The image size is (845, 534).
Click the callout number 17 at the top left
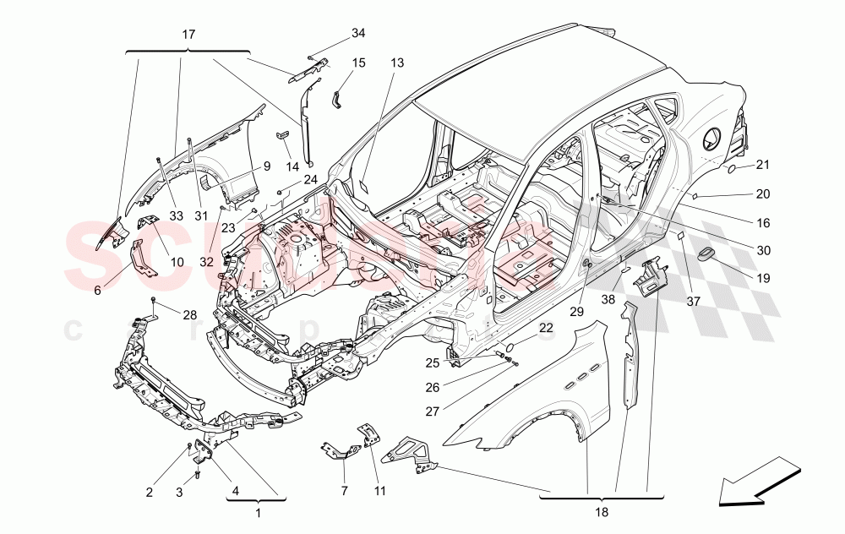click(x=188, y=35)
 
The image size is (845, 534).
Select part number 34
click(x=358, y=33)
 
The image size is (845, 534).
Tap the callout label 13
click(x=397, y=62)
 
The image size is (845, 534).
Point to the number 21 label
click(x=763, y=165)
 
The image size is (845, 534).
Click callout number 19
click(x=763, y=276)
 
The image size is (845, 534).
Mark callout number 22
click(x=547, y=328)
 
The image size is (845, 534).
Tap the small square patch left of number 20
click(x=695, y=195)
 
